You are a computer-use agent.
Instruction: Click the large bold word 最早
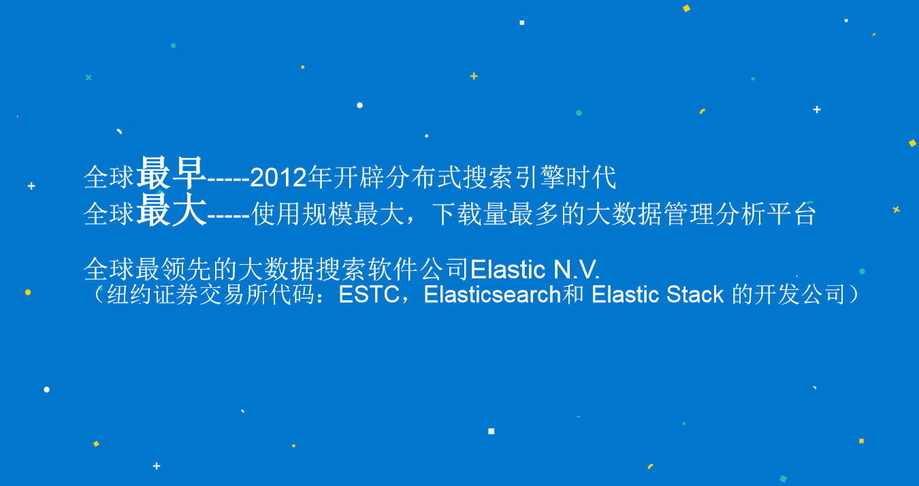coord(171,174)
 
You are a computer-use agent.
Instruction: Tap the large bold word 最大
coord(171,210)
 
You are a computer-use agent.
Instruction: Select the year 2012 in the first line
coord(278,178)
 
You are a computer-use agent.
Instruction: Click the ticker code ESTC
coord(369,294)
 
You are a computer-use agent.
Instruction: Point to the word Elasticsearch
coord(492,294)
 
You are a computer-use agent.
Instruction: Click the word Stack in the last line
coord(695,294)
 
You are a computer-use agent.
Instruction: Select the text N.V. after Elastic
coord(577,270)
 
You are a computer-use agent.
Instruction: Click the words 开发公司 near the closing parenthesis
coord(800,294)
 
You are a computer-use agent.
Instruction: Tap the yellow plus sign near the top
coord(474,76)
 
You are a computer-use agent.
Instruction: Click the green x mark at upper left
coord(88,78)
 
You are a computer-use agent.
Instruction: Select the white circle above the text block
coord(360,106)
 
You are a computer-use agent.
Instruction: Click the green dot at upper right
coord(579,113)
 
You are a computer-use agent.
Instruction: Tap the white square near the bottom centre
coord(491,431)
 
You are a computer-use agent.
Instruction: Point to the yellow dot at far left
coord(28,293)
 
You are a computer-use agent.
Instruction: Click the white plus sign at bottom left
coord(157,466)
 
